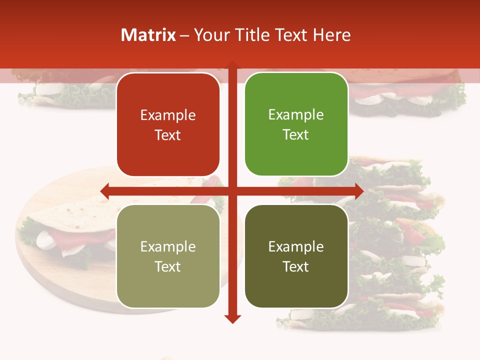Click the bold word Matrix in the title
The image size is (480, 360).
(148, 34)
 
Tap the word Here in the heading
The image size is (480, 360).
(332, 34)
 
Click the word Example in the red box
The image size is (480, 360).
(168, 115)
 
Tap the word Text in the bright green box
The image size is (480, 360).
(296, 134)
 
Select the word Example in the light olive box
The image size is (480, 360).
(168, 247)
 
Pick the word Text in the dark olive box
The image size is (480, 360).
(296, 266)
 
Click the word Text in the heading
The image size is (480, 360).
(291, 34)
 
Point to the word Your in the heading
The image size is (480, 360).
(211, 34)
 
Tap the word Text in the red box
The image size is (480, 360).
(168, 135)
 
